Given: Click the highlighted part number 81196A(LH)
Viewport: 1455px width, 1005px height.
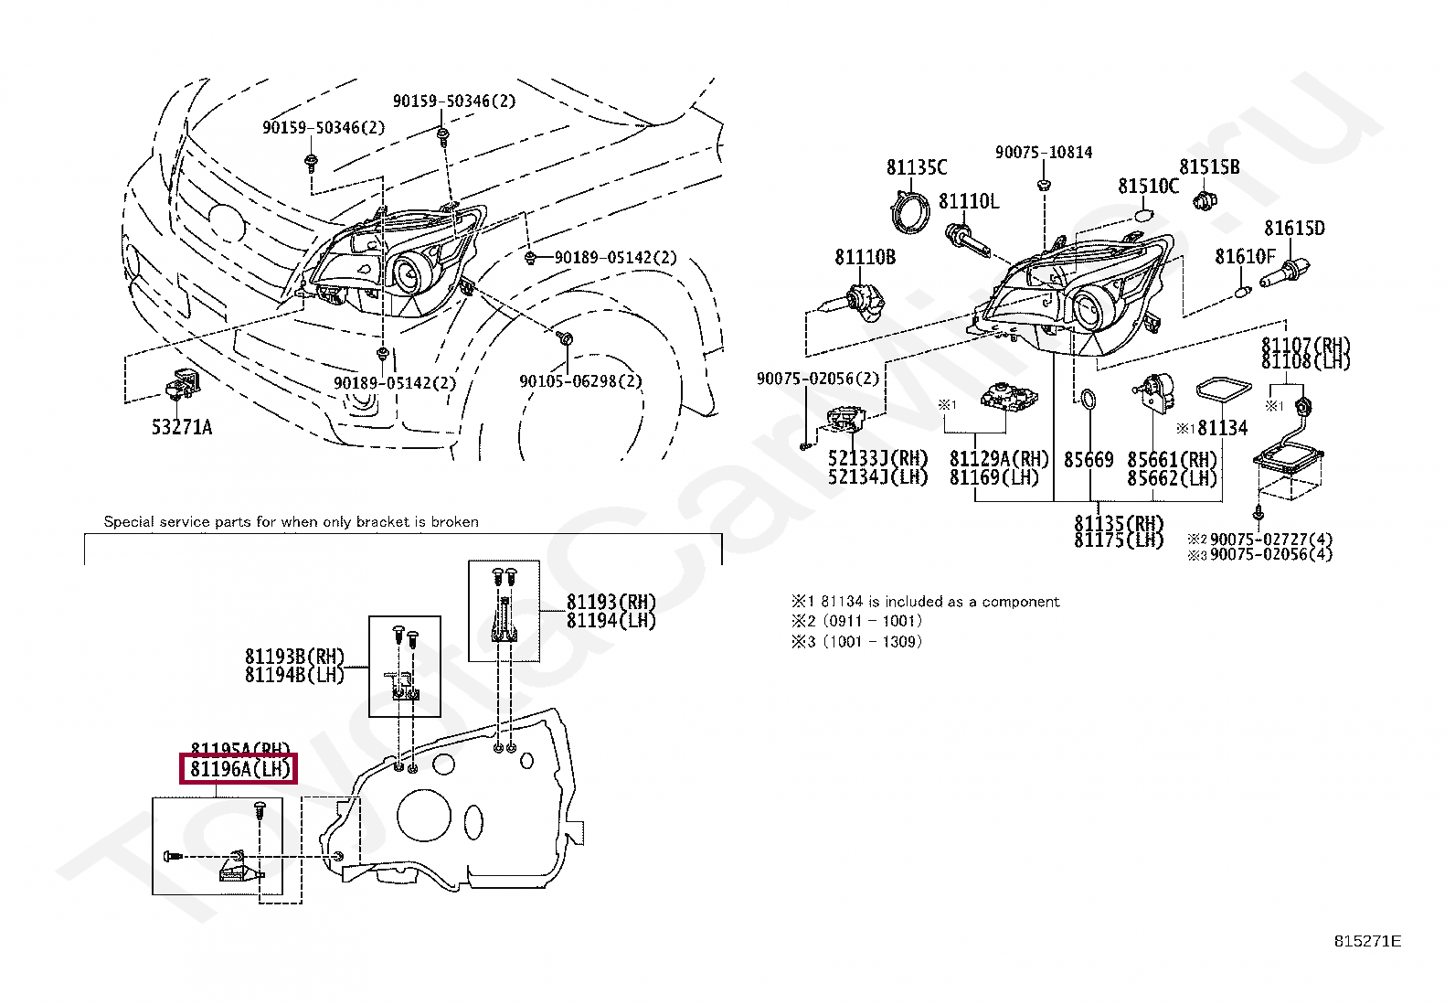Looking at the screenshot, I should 240,770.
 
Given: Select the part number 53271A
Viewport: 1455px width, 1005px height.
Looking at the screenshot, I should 181,427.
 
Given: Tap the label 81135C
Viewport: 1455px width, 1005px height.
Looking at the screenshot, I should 917,167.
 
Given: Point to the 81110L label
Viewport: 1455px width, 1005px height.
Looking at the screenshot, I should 969,201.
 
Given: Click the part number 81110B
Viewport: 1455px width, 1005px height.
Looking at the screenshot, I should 865,258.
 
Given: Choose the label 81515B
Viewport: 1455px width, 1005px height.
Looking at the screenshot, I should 1209,167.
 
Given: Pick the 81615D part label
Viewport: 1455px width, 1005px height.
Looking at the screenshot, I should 1294,229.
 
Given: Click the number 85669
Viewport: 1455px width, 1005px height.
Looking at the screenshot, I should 1089,460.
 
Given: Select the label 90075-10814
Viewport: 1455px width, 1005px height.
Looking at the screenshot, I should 1044,153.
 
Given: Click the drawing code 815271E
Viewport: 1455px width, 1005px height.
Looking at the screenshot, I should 1367,941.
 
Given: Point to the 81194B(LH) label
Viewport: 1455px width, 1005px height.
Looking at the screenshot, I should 294,675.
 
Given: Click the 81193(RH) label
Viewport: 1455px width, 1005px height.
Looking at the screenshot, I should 611,602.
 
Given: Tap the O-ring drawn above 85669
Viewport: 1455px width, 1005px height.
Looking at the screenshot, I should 1089,400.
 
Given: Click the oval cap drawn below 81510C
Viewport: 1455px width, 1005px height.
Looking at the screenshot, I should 1144,215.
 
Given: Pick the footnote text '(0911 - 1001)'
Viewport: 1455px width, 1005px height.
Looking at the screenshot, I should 872,621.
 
